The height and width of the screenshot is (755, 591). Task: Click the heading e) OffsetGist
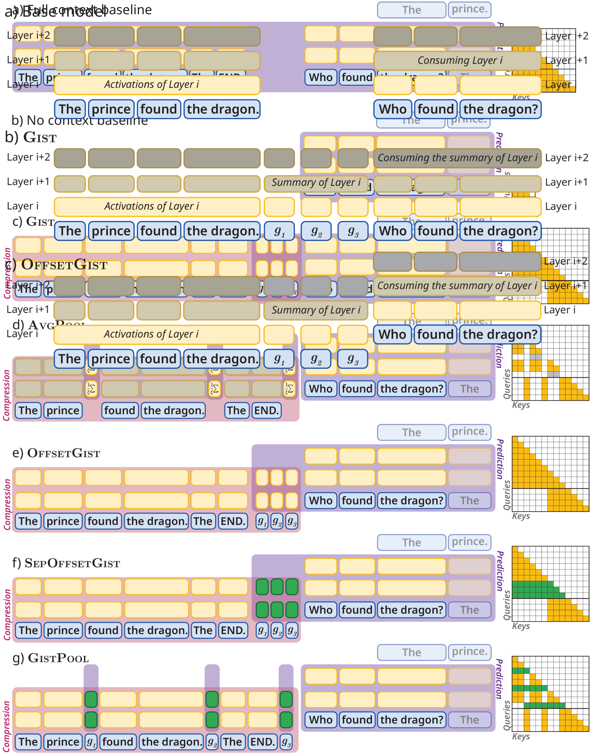pos(56,453)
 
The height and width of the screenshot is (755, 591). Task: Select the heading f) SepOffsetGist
pos(66,563)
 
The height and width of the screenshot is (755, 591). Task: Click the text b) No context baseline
pos(80,121)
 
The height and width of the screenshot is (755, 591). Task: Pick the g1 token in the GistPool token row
pos(91,742)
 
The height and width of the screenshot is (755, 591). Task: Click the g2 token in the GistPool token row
pos(212,742)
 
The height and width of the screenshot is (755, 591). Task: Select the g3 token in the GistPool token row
pos(286,742)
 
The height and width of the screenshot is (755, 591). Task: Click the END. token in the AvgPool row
pos(266,411)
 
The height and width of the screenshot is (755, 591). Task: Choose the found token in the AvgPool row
pos(119,411)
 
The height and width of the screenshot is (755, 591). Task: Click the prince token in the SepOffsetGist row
pos(63,630)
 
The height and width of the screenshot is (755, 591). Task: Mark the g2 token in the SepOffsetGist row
pos(277,630)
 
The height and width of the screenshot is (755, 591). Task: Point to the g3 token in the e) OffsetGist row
pos(292,521)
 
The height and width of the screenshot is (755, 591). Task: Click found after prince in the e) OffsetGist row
pos(103,521)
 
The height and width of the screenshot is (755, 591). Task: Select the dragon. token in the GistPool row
pos(171,742)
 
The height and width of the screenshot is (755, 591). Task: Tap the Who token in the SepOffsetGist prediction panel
pos(321,610)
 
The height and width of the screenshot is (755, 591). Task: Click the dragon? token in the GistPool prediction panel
pos(411,720)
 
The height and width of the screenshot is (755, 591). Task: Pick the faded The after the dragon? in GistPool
pos(469,720)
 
